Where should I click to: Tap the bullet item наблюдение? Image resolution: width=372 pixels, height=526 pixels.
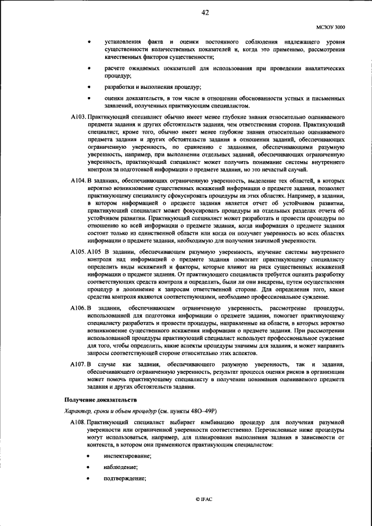pyautogui.click(x=121, y=467)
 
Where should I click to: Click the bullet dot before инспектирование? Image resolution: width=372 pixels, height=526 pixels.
pyautogui.click(x=88, y=456)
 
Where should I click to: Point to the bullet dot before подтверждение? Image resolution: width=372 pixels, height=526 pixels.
pyautogui.click(x=88, y=478)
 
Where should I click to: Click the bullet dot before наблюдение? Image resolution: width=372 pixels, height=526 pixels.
pyautogui.click(x=88, y=467)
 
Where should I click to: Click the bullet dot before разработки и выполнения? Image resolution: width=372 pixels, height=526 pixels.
pyautogui.click(x=88, y=87)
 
